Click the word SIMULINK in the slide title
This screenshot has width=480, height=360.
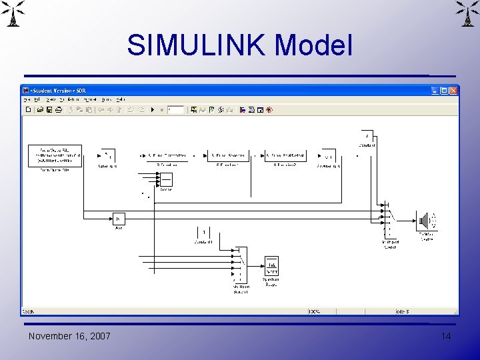coord(197,45)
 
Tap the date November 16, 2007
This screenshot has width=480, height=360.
coord(69,336)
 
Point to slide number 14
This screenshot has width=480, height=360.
coord(445,336)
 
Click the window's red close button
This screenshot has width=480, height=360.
coord(454,90)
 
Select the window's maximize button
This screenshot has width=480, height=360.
coord(445,90)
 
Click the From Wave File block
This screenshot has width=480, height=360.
coord(55,155)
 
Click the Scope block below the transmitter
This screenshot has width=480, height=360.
coord(165,179)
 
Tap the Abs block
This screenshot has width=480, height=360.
coord(119,219)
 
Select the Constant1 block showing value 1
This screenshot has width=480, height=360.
coord(204,232)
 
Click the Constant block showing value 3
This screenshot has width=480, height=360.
coord(366,135)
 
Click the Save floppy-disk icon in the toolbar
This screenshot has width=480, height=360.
coord(49,109)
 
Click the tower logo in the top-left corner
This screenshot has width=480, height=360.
coord(14,13)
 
